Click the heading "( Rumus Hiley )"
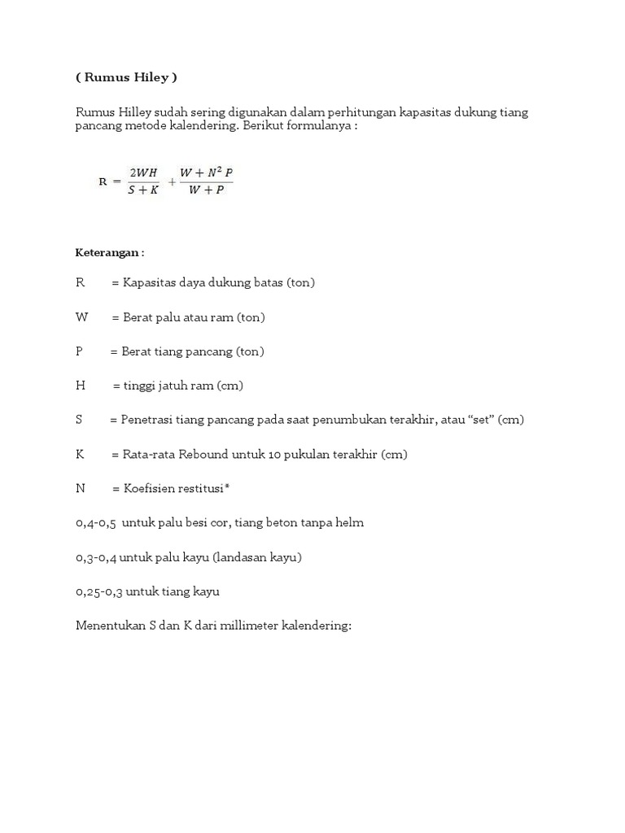click(126, 77)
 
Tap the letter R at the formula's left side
click(103, 181)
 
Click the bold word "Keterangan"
click(107, 253)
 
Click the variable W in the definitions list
click(81, 317)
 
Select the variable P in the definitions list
click(79, 351)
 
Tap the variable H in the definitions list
click(80, 386)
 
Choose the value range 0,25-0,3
click(100, 591)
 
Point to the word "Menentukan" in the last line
click(107, 626)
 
